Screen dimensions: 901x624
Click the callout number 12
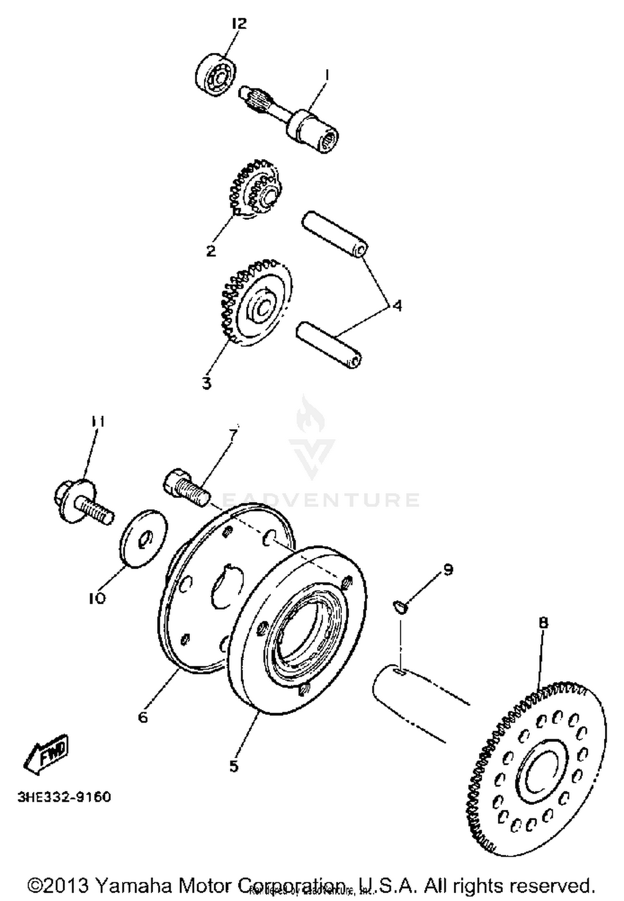point(239,23)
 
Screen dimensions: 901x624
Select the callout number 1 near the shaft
point(327,75)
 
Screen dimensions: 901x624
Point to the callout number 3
point(207,383)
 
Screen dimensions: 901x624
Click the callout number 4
point(397,306)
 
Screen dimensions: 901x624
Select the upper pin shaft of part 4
point(335,234)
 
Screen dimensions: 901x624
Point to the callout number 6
point(143,717)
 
